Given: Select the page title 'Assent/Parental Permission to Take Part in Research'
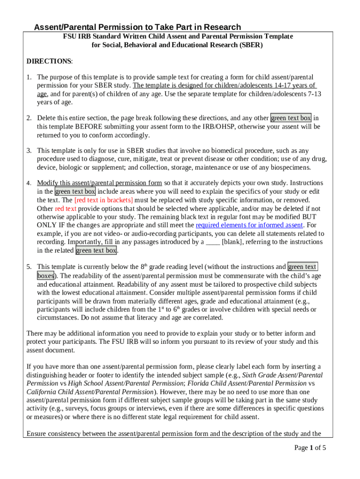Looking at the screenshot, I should click(137, 27).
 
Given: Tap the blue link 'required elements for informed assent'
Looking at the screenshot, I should click(249, 225).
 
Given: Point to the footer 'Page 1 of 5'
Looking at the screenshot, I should click(310, 448).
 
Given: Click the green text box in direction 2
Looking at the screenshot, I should click(291, 118).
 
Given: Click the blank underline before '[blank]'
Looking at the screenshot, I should click(213, 242).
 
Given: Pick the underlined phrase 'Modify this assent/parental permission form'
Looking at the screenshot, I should click(100, 183).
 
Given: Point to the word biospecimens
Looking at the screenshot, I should click(292, 167).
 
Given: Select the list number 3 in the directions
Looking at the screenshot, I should click(29, 151).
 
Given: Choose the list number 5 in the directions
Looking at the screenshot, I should click(29, 267).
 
